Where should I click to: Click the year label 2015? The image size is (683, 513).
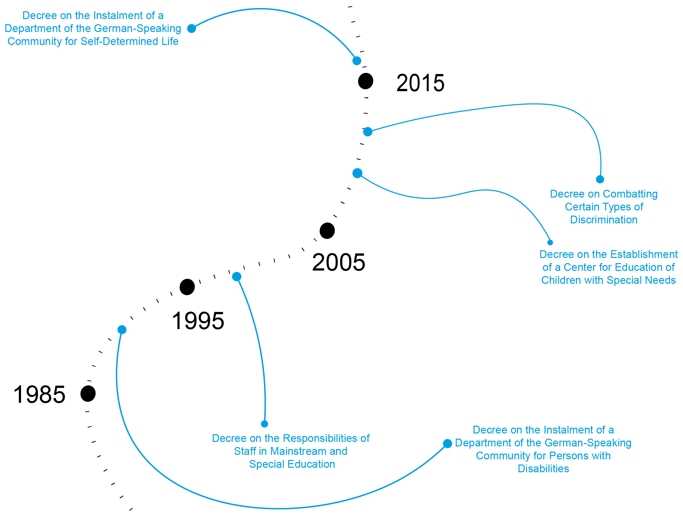coord(420,83)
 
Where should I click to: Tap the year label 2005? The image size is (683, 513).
coord(338,262)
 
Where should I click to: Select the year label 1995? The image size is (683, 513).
coord(198,321)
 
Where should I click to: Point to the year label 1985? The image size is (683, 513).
coord(39,395)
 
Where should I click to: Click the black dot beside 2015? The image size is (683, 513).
coord(366,81)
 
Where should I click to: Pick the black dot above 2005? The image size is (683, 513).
coord(327,231)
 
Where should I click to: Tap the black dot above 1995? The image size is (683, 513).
coord(187,287)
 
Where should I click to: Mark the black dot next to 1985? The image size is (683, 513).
coord(88,394)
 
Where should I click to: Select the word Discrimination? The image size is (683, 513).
coord(604,220)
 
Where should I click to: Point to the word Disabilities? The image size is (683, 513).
coord(543,469)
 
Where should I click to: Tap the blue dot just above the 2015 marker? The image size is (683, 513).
coord(357,61)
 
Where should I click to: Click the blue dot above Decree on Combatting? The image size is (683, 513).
coord(600,179)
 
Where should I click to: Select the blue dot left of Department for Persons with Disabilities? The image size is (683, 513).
coord(447,444)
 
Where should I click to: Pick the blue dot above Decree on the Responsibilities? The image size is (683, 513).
coord(264,424)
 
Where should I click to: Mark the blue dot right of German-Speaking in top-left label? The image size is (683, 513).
coord(192,28)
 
